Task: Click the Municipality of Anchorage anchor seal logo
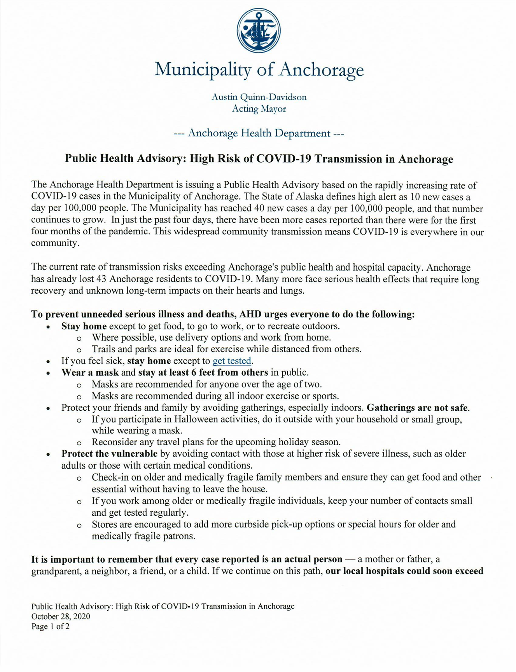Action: (x=259, y=31)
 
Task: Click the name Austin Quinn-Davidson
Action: (x=259, y=97)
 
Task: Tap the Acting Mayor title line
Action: (x=259, y=109)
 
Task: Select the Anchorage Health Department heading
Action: (x=259, y=133)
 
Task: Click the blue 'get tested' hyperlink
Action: (x=232, y=361)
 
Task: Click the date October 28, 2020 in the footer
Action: (x=61, y=616)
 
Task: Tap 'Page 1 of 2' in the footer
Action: (x=51, y=626)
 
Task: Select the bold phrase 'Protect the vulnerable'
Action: (x=109, y=454)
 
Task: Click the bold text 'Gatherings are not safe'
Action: (x=418, y=408)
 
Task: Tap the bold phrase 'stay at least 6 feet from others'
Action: (x=203, y=373)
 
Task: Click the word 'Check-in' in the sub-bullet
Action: (x=109, y=478)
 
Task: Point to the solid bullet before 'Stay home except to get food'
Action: (x=48, y=327)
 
